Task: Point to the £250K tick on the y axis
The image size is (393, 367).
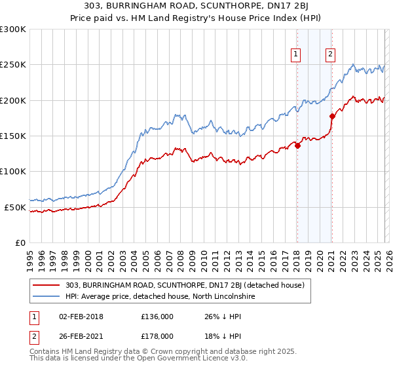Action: point(13,65)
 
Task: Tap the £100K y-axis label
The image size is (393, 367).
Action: point(13,172)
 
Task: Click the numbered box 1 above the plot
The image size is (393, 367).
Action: point(297,54)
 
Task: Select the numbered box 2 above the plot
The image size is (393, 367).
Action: point(331,54)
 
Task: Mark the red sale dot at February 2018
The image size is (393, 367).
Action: point(297,145)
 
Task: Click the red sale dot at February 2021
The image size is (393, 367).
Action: point(332,116)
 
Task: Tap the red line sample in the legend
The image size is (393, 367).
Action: point(47,285)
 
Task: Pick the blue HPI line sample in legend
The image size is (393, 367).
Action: point(47,297)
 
